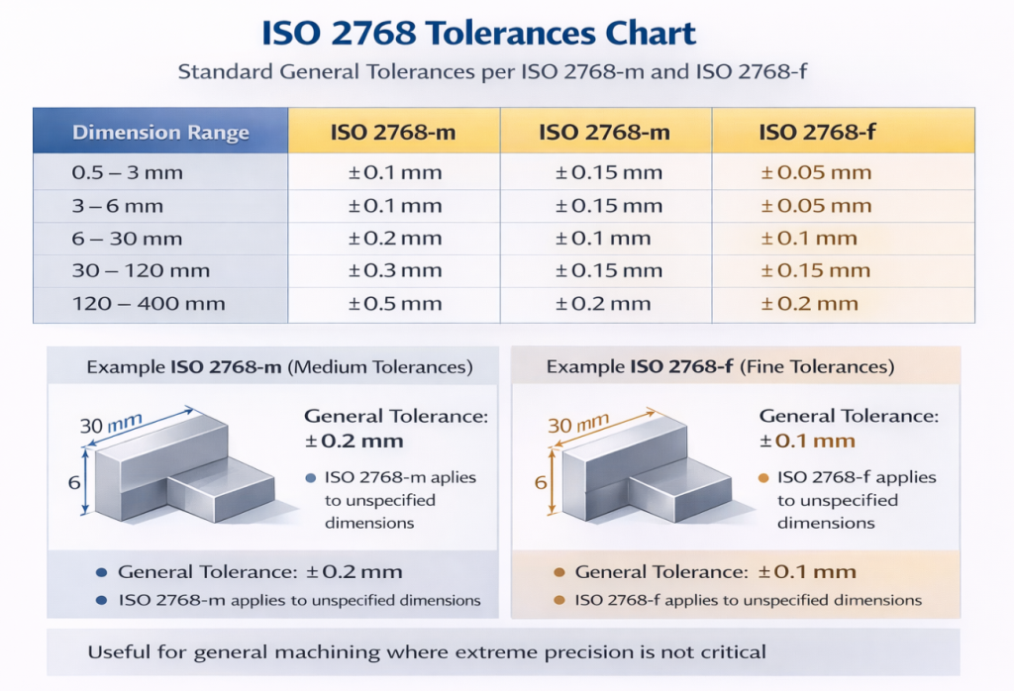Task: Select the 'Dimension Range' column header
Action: point(160,133)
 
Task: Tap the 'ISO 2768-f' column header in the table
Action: point(815,133)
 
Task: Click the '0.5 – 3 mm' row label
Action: point(128,173)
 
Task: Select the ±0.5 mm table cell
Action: point(395,304)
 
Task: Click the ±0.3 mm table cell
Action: point(395,271)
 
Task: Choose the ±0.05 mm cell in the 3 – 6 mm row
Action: point(816,206)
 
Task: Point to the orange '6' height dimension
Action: point(541,483)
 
